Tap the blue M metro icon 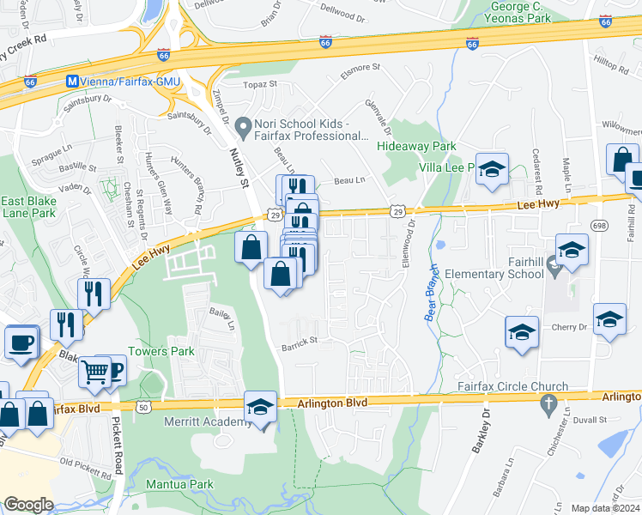pos(73,81)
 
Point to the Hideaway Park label pos(417,147)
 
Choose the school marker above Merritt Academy pos(260,407)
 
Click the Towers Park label pos(160,352)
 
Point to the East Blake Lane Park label pos(28,209)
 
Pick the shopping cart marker pos(95,373)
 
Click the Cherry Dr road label pos(570,327)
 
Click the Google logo pos(28,505)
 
